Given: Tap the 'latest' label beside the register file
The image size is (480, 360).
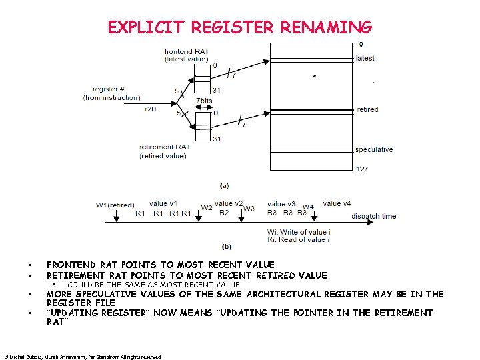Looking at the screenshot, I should pos(365,58).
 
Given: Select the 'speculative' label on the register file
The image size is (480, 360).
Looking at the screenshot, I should pos(374,149).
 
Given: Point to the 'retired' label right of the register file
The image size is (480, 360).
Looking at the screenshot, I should pos(367,109).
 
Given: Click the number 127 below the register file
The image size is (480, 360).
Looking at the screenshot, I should pos(362,168).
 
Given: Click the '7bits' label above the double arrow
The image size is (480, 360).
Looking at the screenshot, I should pos(204,101).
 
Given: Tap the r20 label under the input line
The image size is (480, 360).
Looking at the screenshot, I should pos(150,109).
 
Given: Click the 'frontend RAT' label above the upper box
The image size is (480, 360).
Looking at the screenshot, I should pos(187,51).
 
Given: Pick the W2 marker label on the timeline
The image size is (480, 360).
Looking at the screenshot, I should pos(207,208).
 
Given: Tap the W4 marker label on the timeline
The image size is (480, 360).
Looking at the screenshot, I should pos(308,207).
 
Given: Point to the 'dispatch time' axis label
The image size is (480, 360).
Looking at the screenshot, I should pos(373,216).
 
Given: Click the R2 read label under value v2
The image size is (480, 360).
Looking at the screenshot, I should pos(224,213).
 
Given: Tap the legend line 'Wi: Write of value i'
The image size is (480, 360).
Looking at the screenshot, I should pos(299,232).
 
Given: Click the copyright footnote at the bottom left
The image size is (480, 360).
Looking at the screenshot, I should pos(83,357).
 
